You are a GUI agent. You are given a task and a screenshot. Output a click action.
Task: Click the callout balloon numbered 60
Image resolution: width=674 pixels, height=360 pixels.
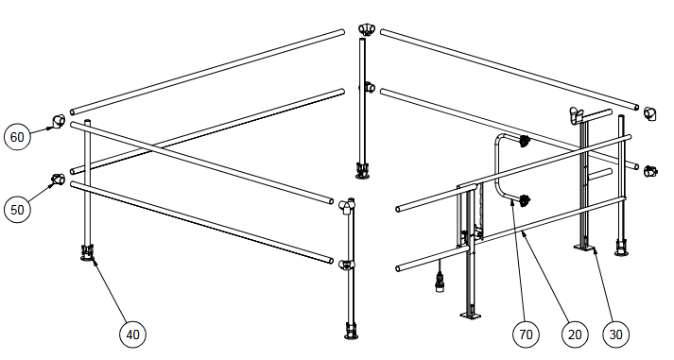click(17, 137)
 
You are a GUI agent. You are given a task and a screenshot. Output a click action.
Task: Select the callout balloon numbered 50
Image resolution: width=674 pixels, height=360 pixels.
click(17, 210)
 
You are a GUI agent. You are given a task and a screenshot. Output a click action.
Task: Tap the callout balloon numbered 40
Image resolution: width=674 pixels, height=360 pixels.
click(132, 334)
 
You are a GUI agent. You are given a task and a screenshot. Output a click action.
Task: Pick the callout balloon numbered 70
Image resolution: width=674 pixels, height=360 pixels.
click(526, 334)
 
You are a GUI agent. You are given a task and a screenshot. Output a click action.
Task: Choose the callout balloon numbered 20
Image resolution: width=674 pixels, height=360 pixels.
click(575, 334)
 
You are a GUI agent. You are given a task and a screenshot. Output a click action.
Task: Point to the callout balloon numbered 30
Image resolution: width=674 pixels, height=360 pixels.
click(615, 334)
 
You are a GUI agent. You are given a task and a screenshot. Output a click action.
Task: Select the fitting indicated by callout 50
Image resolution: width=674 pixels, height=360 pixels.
click(59, 179)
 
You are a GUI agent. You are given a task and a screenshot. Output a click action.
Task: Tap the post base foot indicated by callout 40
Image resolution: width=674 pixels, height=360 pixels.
click(87, 252)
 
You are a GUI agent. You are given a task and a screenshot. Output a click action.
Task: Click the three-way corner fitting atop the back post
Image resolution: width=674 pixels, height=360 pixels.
click(367, 29)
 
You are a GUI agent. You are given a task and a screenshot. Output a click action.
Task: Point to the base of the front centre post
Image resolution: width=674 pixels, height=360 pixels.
click(352, 331)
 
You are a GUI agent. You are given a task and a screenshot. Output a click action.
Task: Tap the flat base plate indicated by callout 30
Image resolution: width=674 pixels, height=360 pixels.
click(584, 248)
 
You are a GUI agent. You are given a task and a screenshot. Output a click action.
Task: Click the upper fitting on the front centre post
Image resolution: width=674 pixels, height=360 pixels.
click(347, 206)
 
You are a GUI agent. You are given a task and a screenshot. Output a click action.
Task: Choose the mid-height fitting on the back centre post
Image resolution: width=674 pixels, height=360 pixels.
click(368, 88)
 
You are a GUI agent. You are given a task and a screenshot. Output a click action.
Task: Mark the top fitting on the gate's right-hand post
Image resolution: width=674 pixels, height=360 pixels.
click(576, 114)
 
